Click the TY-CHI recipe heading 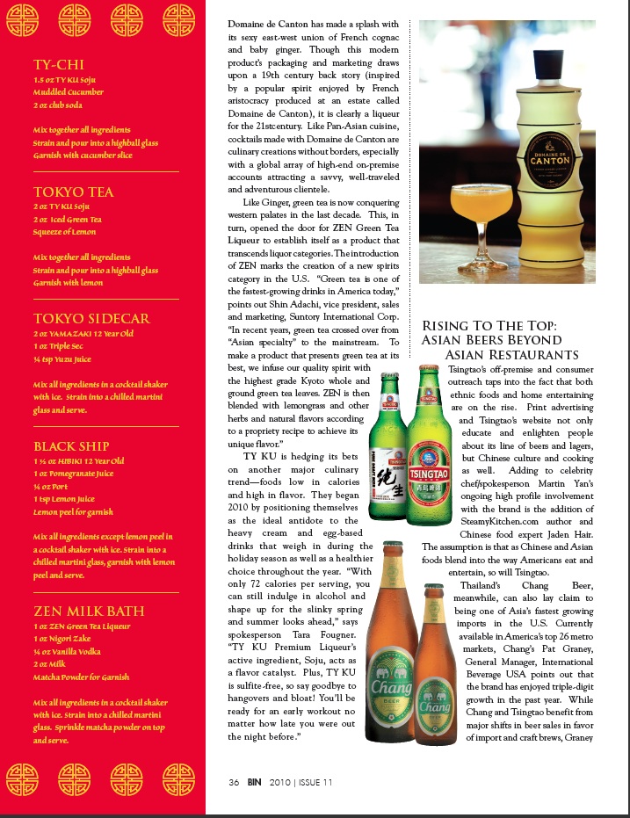[x=59, y=65]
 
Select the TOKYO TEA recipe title [x=73, y=192]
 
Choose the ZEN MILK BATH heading [x=89, y=612]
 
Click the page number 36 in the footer [x=234, y=782]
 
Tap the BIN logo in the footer [x=253, y=782]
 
